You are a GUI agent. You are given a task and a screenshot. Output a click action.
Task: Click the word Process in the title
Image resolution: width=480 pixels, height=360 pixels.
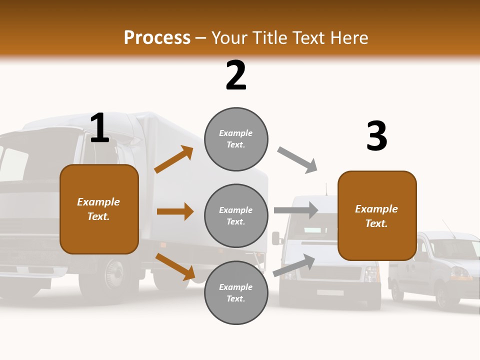tap(157, 38)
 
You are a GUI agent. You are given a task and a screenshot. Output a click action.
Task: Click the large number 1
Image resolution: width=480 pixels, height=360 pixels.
tap(99, 128)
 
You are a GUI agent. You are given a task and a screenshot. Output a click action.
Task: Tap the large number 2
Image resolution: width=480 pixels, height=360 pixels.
tap(236, 75)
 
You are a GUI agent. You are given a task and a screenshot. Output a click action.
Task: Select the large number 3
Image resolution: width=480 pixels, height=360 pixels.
tap(376, 136)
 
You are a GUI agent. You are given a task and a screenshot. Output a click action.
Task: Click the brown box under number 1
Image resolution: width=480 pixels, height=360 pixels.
tap(99, 209)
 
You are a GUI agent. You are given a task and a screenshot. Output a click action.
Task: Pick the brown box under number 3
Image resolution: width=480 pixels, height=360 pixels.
tap(377, 215)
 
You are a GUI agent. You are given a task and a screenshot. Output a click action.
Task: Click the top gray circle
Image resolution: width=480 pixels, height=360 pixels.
tap(236, 139)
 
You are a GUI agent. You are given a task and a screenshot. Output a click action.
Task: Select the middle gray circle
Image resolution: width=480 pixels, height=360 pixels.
tap(236, 215)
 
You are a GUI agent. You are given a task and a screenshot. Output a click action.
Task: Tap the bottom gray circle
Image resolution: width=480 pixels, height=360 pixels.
tap(236, 292)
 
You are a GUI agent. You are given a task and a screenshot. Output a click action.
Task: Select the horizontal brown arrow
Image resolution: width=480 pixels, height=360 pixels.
tap(175, 211)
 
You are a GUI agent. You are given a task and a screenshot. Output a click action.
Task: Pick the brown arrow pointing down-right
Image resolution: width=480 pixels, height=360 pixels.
tap(175, 266)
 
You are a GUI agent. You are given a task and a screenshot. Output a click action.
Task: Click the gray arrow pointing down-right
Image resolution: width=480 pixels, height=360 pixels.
tap(297, 160)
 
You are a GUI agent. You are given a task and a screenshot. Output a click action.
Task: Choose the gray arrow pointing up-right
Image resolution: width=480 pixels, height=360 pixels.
tap(294, 265)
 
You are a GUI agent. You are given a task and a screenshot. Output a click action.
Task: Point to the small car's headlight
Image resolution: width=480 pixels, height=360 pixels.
tap(459, 273)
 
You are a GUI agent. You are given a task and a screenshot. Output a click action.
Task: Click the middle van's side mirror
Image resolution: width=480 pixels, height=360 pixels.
tap(276, 238)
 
